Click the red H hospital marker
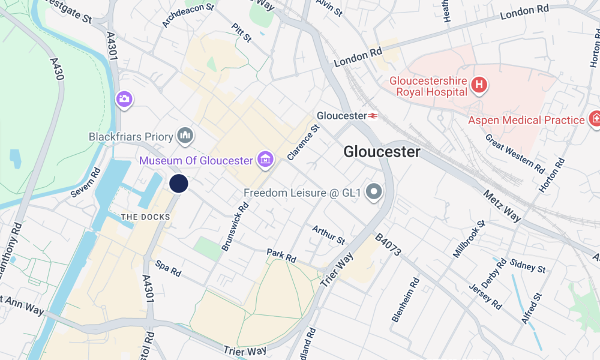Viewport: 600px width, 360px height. [479, 85]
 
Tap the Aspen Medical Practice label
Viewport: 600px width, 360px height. [526, 120]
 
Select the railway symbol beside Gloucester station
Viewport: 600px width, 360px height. [373, 115]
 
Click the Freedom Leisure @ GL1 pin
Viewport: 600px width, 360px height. [375, 192]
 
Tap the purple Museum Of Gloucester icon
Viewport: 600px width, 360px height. [265, 160]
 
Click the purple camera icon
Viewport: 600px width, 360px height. [124, 99]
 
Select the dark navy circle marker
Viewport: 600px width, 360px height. [179, 184]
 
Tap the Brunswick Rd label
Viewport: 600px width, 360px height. [235, 226]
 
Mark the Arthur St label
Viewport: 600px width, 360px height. [328, 235]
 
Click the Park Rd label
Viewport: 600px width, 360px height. [281, 256]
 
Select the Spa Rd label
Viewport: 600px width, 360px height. [168, 268]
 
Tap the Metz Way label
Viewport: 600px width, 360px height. [502, 205]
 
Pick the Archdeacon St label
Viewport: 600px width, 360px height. [188, 14]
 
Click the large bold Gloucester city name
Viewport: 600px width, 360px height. [382, 152]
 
